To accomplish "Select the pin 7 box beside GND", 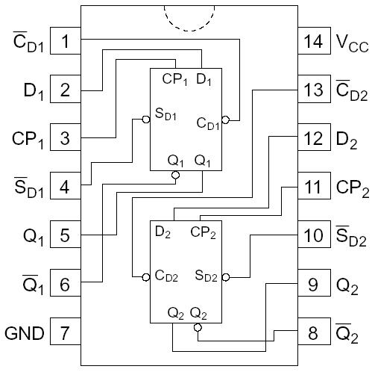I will tap(65, 333).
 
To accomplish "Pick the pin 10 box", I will tap(314, 236).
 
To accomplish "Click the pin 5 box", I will tap(65, 236).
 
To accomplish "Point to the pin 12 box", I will tap(314, 139).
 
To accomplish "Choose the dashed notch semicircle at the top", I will tap(189, 19).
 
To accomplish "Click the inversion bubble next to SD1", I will tap(147, 119).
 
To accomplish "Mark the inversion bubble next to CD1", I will tap(226, 119).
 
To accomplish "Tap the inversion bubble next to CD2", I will tap(147, 277).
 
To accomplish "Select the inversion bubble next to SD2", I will tap(226, 277).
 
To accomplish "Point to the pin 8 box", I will tap(314, 333).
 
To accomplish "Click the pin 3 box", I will tap(65, 139).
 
